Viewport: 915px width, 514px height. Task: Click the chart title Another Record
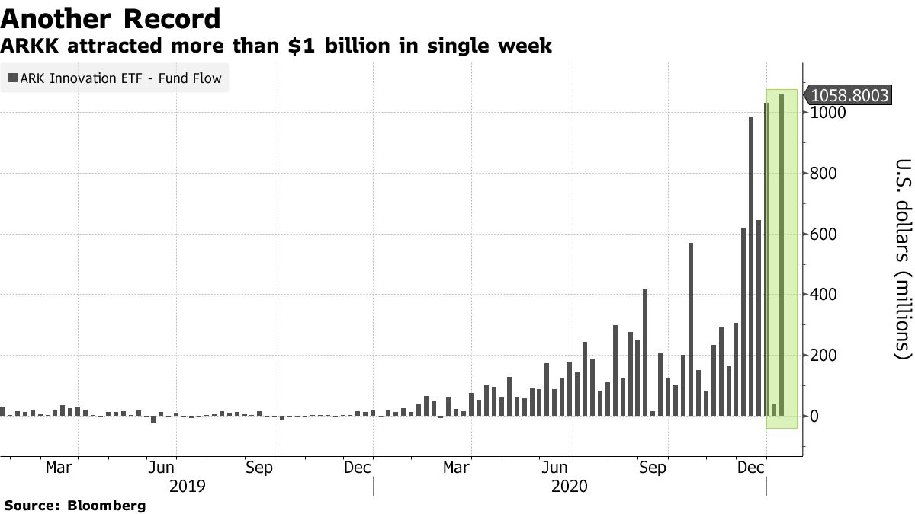click(x=112, y=18)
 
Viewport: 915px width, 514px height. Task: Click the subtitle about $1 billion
click(x=276, y=46)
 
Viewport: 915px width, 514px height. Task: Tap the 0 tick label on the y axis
click(x=815, y=417)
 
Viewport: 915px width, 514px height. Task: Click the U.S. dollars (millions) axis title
click(x=904, y=259)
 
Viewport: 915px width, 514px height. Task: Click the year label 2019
click(x=187, y=486)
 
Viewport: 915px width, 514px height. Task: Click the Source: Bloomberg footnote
click(x=75, y=505)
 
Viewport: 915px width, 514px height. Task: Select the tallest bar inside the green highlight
click(x=782, y=255)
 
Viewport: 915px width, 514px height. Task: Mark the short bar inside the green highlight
click(x=774, y=410)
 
